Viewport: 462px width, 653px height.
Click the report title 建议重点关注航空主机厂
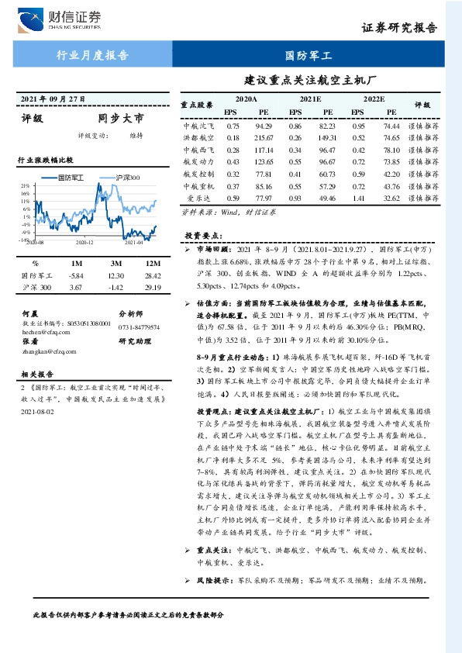310,79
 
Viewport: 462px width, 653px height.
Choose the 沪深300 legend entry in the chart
127,178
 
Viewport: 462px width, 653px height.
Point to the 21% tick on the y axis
25,186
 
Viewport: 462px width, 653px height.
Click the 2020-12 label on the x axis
84,243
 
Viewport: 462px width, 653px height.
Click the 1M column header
75,262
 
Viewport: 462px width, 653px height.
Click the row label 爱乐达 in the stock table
195,199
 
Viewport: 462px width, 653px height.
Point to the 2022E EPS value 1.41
358,199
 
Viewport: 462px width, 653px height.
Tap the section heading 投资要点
203,235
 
